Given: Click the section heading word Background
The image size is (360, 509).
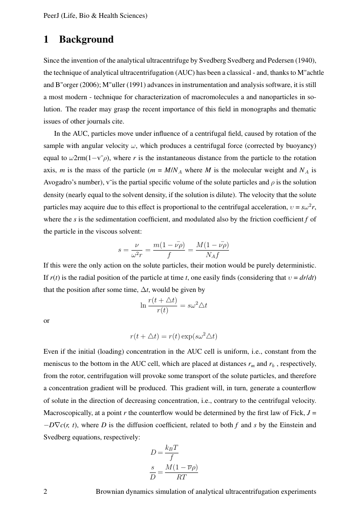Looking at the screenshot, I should (86, 40).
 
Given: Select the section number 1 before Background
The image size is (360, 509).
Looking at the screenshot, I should (46, 40).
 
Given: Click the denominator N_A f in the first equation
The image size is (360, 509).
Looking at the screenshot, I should (212, 256).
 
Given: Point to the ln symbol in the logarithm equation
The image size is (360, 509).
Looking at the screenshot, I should (143, 305).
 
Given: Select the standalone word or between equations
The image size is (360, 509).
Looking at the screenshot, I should (47, 321).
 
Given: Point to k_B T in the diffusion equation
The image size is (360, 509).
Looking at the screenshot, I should (172, 448).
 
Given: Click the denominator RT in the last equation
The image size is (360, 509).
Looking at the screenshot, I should (182, 477).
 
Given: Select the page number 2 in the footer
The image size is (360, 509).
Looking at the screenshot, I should (46, 492).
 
